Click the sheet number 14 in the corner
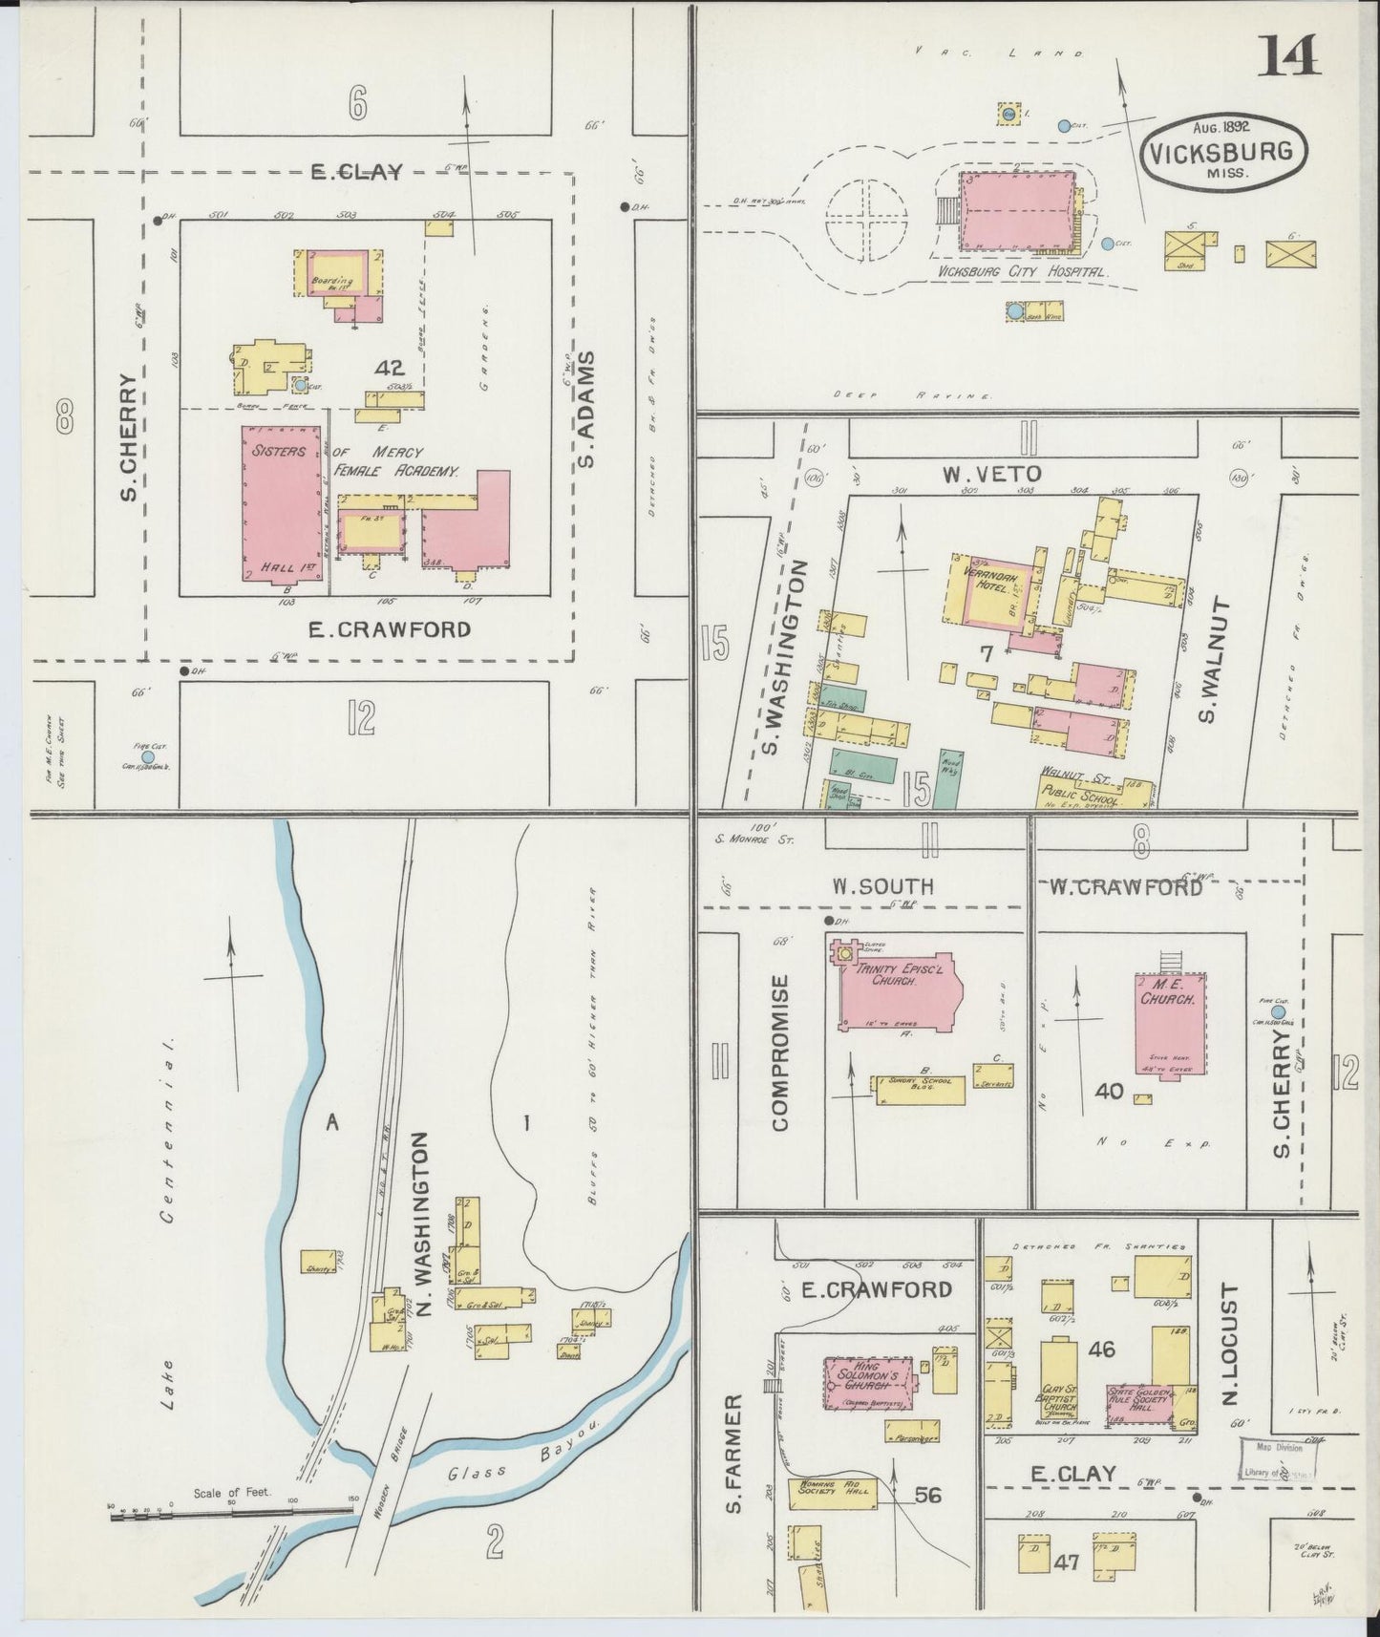coord(1289,55)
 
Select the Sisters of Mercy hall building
coord(280,503)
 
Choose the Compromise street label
coord(780,1052)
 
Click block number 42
coord(391,367)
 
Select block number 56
coord(927,1495)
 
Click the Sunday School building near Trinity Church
coord(918,1090)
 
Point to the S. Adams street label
coord(585,410)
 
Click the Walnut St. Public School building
coord(1094,789)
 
